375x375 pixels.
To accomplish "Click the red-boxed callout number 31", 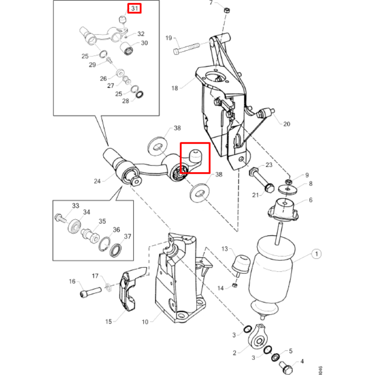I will pos(135,8).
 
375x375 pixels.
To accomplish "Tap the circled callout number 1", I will pos(316,254).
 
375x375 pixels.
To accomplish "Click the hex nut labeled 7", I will pos(226,10).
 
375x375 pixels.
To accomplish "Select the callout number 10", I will pos(145,322).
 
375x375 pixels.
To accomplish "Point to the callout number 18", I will pos(175,88).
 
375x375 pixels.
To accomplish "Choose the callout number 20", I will pos(287,124).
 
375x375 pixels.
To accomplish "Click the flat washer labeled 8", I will pos(288,189).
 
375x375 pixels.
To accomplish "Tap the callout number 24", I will pos(97,181).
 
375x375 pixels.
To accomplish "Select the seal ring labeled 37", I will pos(116,249).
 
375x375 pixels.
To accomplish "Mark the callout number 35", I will pos(102,221).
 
